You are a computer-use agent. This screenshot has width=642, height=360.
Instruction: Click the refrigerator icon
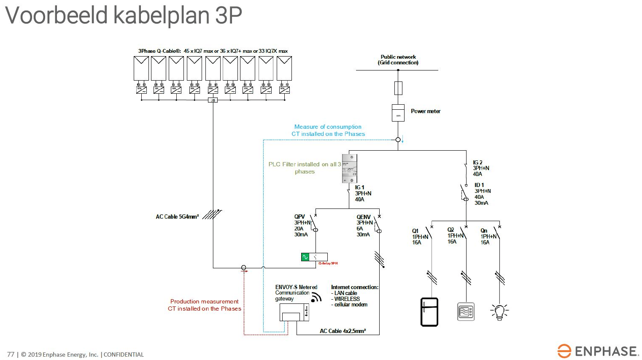pyautogui.click(x=429, y=312)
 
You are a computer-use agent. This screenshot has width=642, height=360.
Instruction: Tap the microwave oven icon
pyautogui.click(x=466, y=312)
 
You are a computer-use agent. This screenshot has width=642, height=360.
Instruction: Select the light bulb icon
pyautogui.click(x=499, y=312)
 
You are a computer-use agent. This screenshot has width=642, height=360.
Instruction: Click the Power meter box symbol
pyautogui.click(x=398, y=113)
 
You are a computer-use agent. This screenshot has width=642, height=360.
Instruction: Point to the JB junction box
pyautogui.click(x=213, y=100)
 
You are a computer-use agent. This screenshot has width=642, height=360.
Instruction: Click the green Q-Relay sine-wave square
pyautogui.click(x=305, y=257)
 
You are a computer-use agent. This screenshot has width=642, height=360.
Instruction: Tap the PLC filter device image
pyautogui.click(x=350, y=168)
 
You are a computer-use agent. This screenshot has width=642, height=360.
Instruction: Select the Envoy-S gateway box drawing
pyautogui.click(x=294, y=312)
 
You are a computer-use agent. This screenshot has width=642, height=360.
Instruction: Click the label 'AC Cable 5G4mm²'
pyautogui.click(x=177, y=217)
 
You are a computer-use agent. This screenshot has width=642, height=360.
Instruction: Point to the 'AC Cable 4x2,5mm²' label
pyautogui.click(x=343, y=331)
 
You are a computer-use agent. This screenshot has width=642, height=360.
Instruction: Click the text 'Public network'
pyautogui.click(x=398, y=57)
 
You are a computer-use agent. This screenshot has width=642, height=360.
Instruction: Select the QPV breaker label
pyautogui.click(x=299, y=217)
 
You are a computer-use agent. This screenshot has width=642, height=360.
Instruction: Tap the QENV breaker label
pyautogui.click(x=363, y=217)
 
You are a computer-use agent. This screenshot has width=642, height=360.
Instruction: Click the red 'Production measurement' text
pyautogui.click(x=204, y=301)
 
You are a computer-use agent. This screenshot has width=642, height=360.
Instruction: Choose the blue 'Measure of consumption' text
pyautogui.click(x=328, y=127)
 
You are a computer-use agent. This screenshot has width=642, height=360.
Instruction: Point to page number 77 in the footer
pyautogui.click(x=11, y=355)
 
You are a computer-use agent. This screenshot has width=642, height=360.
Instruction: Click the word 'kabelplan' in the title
pyautogui.click(x=161, y=15)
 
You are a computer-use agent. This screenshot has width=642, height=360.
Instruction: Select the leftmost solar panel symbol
pyautogui.click(x=141, y=68)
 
